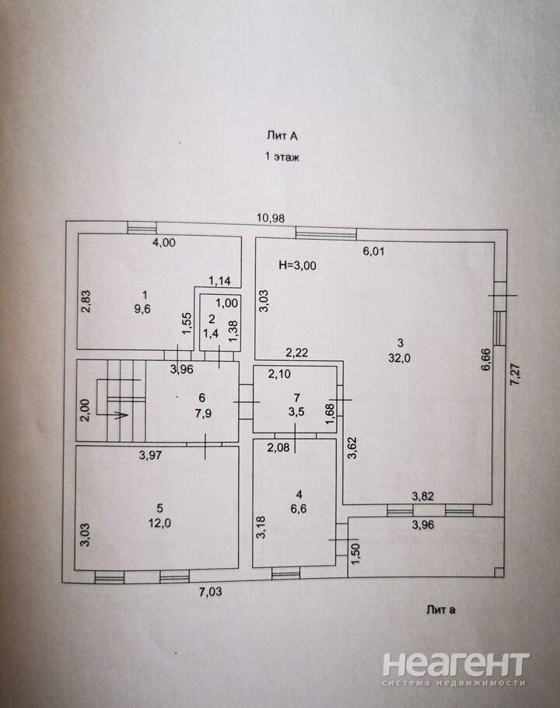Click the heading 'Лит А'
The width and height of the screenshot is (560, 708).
point(282,135)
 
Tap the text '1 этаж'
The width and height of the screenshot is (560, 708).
point(282,157)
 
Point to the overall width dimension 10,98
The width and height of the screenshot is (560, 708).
point(271,218)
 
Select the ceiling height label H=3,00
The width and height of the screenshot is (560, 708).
point(297,265)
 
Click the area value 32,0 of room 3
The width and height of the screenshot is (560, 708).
point(399,359)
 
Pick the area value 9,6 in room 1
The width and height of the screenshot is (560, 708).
point(145,310)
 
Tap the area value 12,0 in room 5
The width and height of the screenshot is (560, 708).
point(159,524)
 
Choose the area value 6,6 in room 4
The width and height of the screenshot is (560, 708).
point(299,509)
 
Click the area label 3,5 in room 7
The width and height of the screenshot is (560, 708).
point(296,412)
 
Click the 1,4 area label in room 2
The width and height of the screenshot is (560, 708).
point(211,334)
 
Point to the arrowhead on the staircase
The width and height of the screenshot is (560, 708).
point(122,415)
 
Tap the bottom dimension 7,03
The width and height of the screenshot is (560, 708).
point(211,591)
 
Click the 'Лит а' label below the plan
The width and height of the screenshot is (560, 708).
point(441,610)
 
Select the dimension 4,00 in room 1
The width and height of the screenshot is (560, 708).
point(164,243)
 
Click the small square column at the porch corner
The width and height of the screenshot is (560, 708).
point(499,572)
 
